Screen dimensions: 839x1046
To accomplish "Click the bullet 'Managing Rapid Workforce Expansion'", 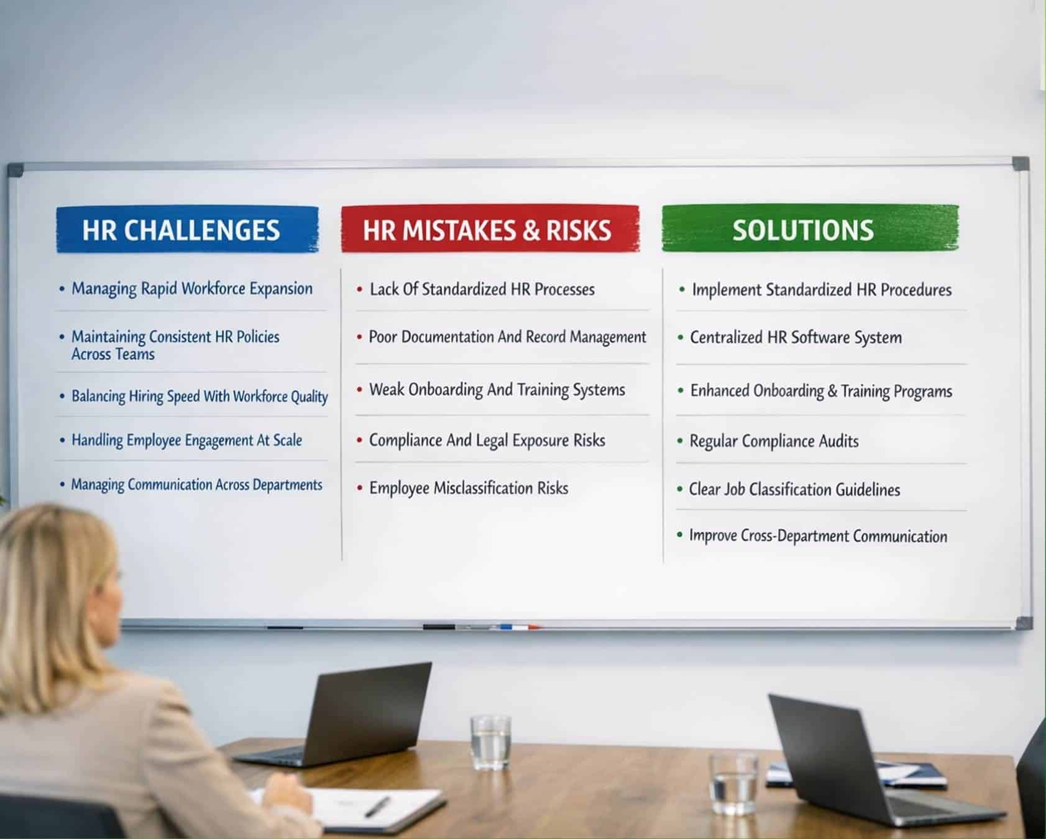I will pos(191,289).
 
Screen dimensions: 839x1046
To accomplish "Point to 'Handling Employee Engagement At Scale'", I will pos(186,441).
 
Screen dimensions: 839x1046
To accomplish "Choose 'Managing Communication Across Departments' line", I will pos(196,485).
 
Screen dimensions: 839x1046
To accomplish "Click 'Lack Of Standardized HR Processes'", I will pos(482,290).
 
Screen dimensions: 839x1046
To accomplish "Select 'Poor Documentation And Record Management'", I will pos(507,337).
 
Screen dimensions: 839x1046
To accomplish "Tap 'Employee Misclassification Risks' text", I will pos(469,488).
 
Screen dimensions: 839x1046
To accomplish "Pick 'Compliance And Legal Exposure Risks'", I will pos(487,441).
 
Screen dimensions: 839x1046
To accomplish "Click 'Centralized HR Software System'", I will pos(796,338).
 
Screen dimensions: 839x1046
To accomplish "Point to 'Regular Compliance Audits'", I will pos(774,441).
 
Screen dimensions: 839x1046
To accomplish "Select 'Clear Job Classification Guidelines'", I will pos(794,490).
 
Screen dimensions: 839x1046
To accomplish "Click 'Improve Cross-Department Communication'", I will pos(818,536).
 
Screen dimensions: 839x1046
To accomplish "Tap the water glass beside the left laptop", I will pos(490,742).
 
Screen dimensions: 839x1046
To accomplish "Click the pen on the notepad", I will pos(377,807).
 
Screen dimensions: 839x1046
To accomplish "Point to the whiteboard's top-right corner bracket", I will pos(1021,164).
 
